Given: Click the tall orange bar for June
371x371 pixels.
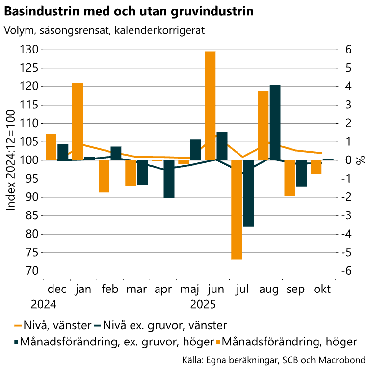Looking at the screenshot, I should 210,106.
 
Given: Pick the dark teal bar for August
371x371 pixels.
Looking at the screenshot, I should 275,123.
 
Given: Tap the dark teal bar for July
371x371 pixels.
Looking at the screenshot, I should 248,193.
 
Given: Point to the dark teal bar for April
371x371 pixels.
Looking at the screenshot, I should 169,179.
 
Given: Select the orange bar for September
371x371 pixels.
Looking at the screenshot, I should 290,178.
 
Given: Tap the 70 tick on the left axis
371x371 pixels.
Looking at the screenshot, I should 29,271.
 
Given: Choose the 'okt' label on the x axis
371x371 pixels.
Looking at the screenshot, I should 322,289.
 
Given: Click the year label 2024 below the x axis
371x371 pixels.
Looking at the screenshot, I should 44,304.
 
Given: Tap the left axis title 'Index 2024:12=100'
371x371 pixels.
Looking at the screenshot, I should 11,160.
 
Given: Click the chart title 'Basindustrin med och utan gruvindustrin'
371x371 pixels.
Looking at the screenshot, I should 129,11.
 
